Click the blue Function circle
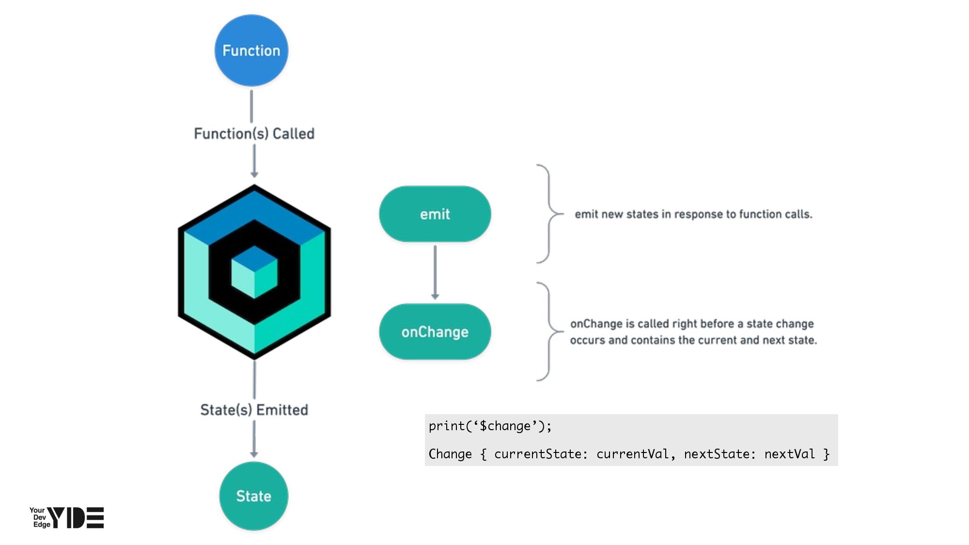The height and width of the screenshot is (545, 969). tap(251, 50)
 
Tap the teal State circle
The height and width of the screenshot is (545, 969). tap(253, 496)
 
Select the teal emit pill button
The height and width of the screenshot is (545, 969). tap(435, 214)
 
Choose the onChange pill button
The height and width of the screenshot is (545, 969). tap(435, 332)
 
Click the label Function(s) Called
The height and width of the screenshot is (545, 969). tap(254, 134)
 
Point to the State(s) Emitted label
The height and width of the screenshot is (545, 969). tap(254, 410)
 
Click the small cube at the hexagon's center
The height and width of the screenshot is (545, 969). tap(254, 272)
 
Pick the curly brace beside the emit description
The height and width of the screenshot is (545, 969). tap(549, 214)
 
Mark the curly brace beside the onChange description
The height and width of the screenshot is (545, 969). tap(549, 332)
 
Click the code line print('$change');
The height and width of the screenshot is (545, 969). tap(490, 426)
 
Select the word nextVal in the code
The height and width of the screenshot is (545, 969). tap(789, 454)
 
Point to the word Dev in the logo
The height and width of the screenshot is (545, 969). tap(40, 517)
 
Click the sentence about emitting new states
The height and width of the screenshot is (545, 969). tap(693, 214)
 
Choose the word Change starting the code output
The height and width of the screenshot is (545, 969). tap(450, 454)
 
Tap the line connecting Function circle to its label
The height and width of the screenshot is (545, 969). tap(251, 106)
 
